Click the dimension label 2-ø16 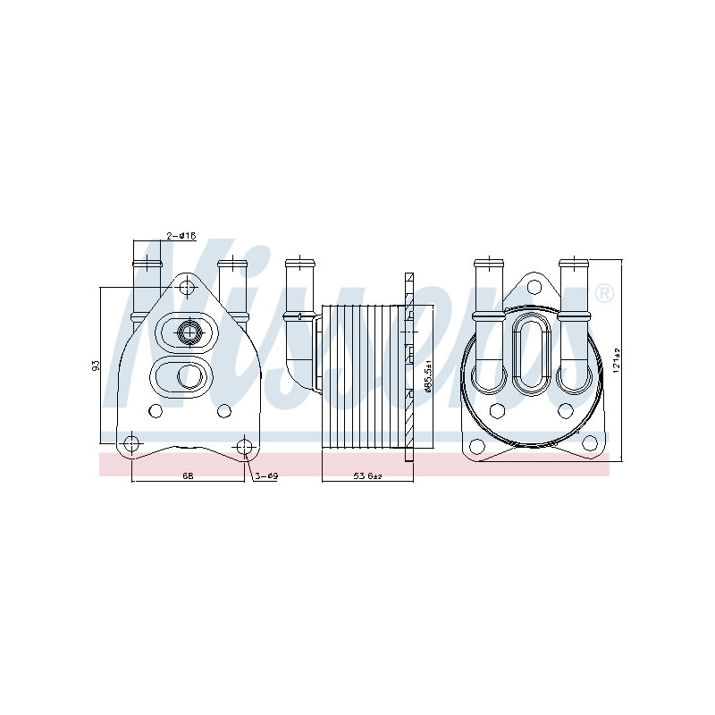click(181, 236)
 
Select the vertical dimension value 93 click(95, 366)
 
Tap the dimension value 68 click(188, 476)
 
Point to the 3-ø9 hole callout click(266, 476)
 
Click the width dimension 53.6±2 click(367, 476)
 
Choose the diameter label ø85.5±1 click(428, 375)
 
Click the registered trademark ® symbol click(604, 293)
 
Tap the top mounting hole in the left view click(186, 288)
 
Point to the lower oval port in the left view click(188, 376)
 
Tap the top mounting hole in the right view click(534, 287)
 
